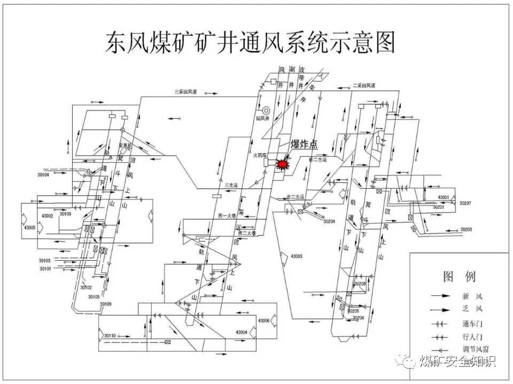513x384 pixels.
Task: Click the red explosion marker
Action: point(281,164)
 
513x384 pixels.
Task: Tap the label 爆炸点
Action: point(304,144)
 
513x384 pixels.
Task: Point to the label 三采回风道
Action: point(185,92)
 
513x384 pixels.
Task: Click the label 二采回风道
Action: point(364,85)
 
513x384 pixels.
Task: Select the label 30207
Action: point(465,204)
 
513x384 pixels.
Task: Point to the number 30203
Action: point(466,229)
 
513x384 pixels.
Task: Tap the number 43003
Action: point(297,256)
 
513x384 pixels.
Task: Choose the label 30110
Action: point(110,335)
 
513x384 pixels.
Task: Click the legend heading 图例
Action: point(459,276)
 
